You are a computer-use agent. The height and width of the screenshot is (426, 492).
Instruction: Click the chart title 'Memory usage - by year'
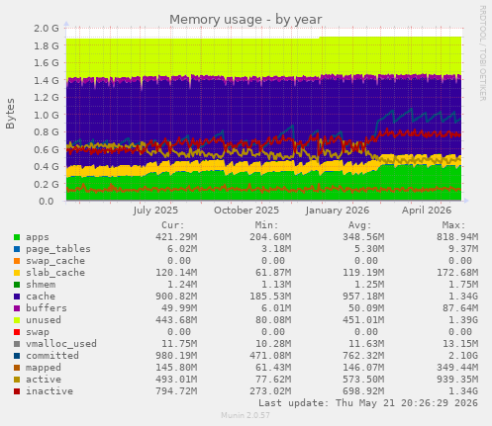pyautogui.click(x=246, y=20)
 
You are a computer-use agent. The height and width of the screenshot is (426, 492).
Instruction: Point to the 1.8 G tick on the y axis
pyautogui.click(x=47, y=45)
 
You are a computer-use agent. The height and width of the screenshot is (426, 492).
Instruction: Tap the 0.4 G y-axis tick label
pyautogui.click(x=47, y=167)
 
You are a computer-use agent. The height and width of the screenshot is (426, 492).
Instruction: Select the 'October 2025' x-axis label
pyautogui.click(x=246, y=211)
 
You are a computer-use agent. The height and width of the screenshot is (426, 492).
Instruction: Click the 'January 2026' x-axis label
pyautogui.click(x=338, y=211)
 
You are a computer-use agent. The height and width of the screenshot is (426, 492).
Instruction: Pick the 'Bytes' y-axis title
pyautogui.click(x=10, y=114)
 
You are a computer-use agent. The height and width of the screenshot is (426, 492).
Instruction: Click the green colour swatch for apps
pyautogui.click(x=17, y=237)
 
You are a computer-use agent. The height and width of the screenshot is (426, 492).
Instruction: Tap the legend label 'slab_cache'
pyautogui.click(x=55, y=273)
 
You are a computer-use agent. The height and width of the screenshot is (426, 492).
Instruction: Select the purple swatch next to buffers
pyautogui.click(x=17, y=308)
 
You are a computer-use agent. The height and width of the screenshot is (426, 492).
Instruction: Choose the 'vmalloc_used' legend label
pyautogui.click(x=61, y=344)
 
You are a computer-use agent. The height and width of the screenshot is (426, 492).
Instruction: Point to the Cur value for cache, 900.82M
pyautogui.click(x=176, y=297)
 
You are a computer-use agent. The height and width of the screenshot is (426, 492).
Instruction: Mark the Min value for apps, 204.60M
pyautogui.click(x=270, y=237)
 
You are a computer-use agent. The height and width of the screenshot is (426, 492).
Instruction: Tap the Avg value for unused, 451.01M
pyautogui.click(x=363, y=320)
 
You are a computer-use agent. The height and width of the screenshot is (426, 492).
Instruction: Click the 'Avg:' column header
pyautogui.click(x=360, y=225)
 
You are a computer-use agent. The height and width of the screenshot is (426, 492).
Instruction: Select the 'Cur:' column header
pyautogui.click(x=173, y=225)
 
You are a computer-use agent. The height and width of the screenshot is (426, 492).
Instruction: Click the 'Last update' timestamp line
pyautogui.click(x=368, y=403)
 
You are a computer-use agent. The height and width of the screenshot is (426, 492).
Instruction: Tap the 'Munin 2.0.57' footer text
pyautogui.click(x=246, y=415)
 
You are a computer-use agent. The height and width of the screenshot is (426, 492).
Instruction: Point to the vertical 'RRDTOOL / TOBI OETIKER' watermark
pyautogui.click(x=482, y=53)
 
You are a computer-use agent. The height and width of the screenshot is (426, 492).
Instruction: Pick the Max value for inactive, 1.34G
pyautogui.click(x=463, y=391)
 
